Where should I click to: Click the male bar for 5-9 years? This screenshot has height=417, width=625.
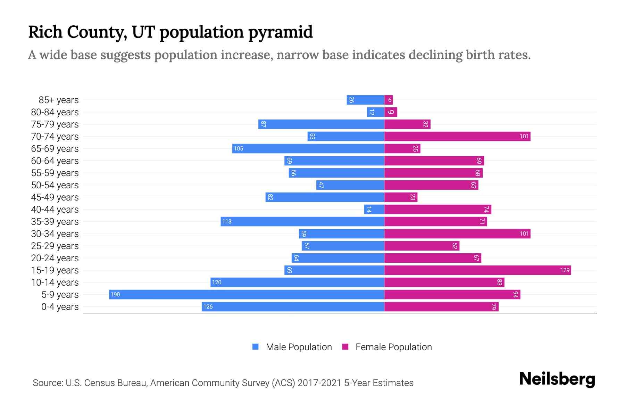point(247,294)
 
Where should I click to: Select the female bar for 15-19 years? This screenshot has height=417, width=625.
point(477,270)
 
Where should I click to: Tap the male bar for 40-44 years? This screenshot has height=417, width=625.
point(374,209)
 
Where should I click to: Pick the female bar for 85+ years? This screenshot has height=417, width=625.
point(388,100)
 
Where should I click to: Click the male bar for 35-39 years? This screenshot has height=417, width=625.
point(302,221)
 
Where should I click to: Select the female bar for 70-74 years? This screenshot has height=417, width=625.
point(457,136)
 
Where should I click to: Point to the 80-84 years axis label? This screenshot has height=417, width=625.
point(55,112)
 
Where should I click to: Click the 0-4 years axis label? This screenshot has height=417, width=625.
point(60,307)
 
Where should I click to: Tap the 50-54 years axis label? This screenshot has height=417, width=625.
point(55,185)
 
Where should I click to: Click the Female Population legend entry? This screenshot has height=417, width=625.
point(387,347)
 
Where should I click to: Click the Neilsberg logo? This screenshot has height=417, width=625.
point(557,379)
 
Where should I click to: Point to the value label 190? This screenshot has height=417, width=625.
point(115,295)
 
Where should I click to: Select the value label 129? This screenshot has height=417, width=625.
point(565,270)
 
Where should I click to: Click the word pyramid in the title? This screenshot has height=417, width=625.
point(280,32)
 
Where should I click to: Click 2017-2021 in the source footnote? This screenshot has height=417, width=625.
point(319,383)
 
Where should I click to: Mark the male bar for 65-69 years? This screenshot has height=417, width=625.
point(308,148)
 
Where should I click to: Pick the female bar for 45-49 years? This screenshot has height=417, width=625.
point(401,197)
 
